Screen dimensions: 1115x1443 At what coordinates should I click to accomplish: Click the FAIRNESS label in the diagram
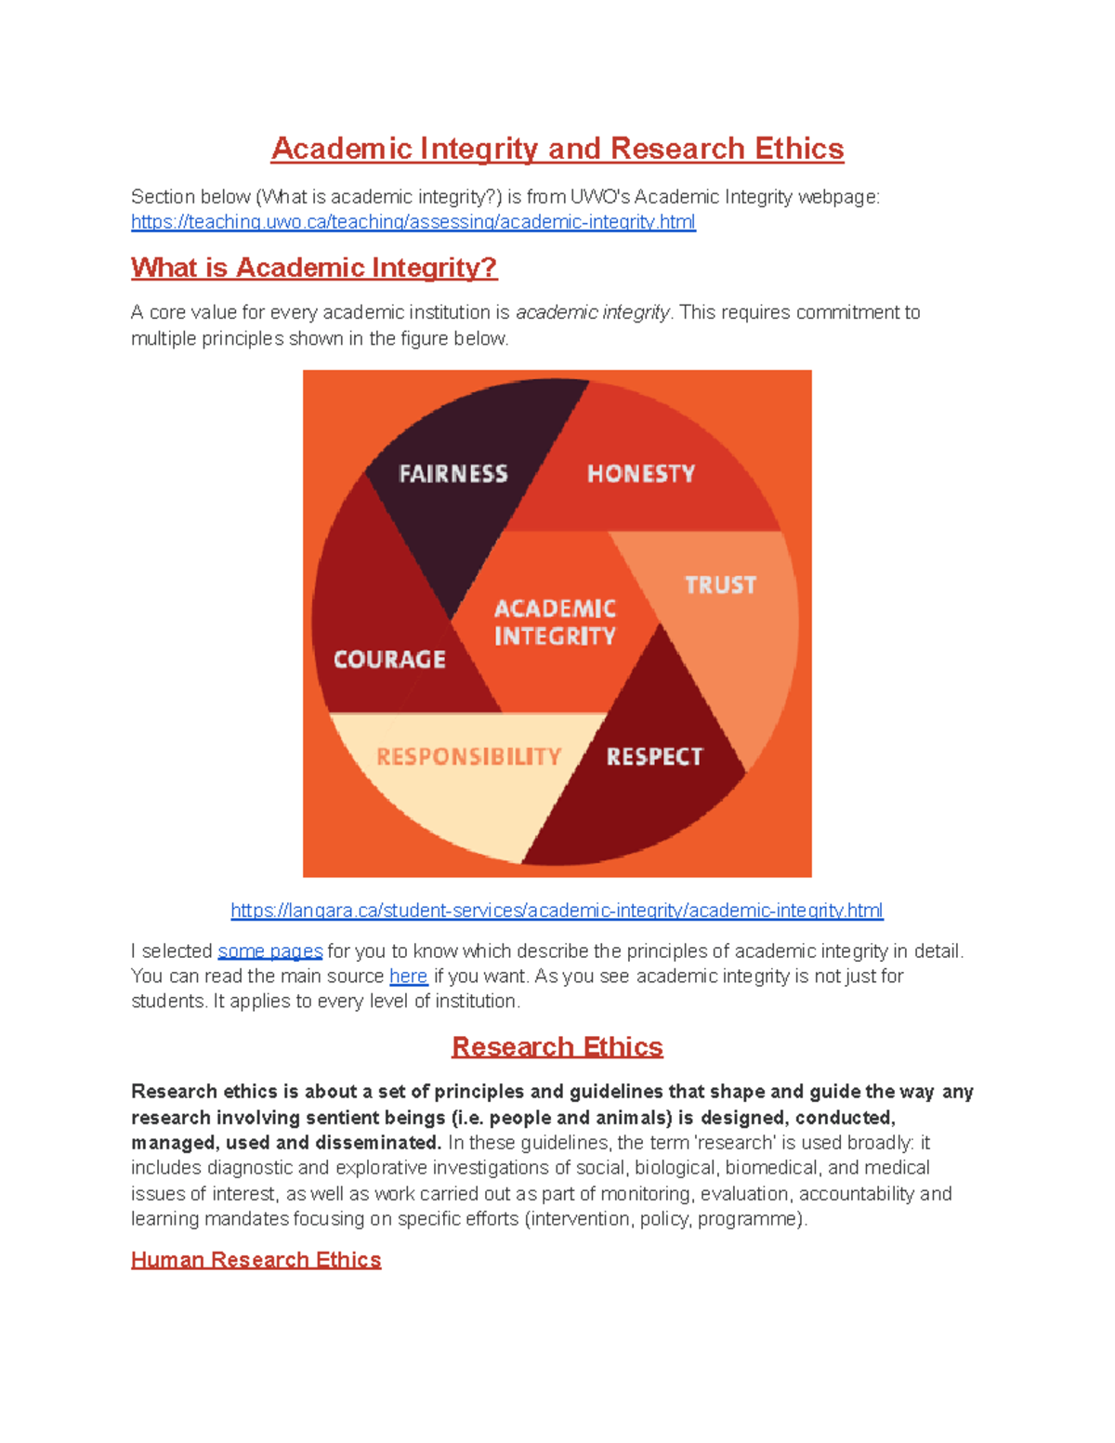point(453,474)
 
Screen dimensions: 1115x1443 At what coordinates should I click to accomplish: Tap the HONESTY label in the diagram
point(641,474)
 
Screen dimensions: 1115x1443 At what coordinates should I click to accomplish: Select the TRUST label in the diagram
point(720,585)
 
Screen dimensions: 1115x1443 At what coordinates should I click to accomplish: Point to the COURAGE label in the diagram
point(389,660)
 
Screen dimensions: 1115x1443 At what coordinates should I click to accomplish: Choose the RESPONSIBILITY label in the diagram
point(468,757)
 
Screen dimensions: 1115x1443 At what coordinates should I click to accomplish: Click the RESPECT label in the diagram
point(654,757)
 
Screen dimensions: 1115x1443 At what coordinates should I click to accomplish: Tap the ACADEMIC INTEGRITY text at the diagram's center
point(555,623)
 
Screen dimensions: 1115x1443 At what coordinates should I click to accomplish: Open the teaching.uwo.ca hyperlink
point(413,222)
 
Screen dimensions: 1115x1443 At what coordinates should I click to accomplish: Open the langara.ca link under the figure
point(557,911)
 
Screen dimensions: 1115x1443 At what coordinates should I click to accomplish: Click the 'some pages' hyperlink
point(269,951)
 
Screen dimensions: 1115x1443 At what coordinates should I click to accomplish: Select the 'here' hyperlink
point(408,977)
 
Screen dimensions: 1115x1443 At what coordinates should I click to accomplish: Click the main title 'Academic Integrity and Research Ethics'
point(557,149)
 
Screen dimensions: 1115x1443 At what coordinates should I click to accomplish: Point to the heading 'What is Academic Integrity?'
point(314,268)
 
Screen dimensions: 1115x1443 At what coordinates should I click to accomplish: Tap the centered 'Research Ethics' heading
point(557,1047)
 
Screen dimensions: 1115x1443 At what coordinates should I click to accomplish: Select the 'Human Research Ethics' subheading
point(256,1260)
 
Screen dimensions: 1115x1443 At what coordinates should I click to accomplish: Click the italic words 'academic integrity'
point(592,313)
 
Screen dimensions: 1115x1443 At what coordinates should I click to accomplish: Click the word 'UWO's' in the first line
point(599,197)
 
